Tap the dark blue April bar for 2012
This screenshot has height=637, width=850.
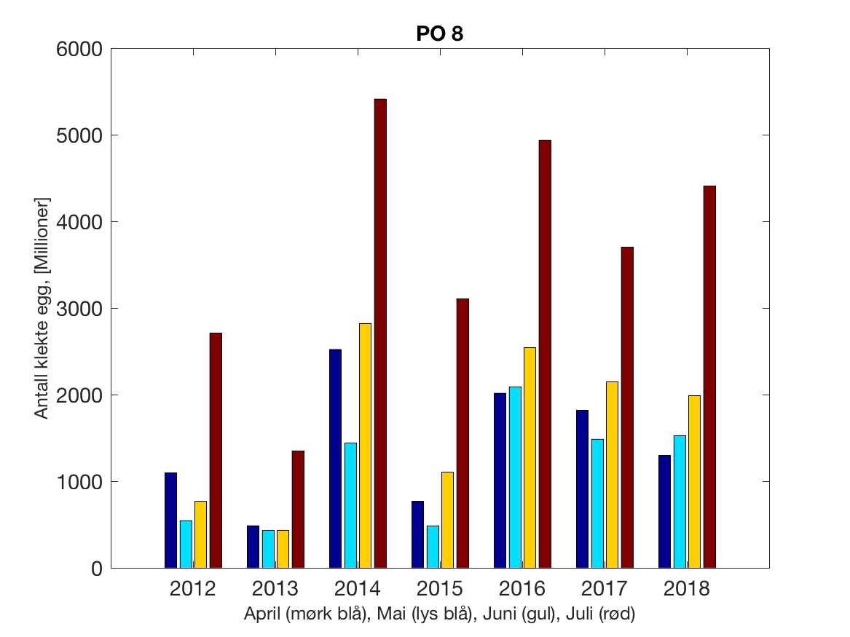(x=170, y=520)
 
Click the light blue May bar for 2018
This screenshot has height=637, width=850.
(x=680, y=502)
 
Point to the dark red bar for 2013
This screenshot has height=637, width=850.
(x=298, y=509)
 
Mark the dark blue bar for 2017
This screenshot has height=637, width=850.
(x=582, y=488)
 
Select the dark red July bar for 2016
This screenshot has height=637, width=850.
(x=545, y=354)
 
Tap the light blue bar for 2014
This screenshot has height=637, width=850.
(x=350, y=505)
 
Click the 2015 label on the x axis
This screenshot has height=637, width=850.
(x=440, y=589)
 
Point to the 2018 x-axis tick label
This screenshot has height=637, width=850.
(x=687, y=589)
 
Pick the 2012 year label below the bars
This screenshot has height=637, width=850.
(x=193, y=589)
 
